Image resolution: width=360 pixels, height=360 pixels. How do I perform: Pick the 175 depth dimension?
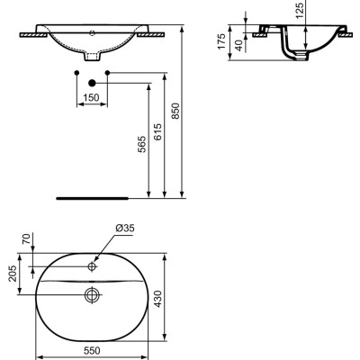click(x=222, y=42)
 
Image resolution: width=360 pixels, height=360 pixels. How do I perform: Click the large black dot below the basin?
click(x=91, y=83)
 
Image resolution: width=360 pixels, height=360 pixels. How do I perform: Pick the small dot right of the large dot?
click(x=108, y=71)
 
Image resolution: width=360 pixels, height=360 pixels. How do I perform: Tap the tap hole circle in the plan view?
click(x=92, y=267)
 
